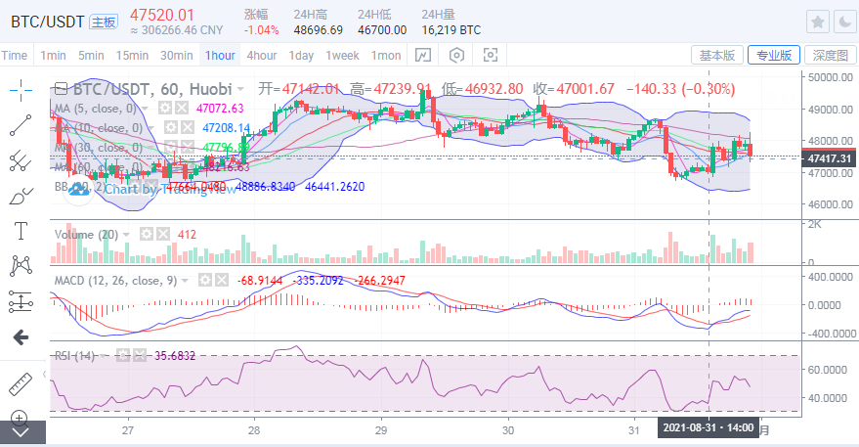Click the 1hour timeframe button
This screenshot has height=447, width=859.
click(x=219, y=55)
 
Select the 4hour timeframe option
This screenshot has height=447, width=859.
click(x=261, y=55)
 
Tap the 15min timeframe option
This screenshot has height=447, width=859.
click(x=132, y=55)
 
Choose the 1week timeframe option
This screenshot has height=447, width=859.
click(x=342, y=55)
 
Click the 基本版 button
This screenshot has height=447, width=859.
click(x=716, y=55)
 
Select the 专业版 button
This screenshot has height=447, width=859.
click(x=773, y=55)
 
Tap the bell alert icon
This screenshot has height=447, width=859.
click(x=842, y=22)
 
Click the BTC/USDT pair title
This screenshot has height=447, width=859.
click(x=45, y=20)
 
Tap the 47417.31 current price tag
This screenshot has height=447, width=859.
click(x=829, y=157)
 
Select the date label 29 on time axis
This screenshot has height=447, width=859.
click(x=380, y=429)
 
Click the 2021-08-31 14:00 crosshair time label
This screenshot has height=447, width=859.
click(x=708, y=428)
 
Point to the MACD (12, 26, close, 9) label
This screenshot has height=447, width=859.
click(x=115, y=280)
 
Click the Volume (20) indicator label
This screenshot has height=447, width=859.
click(x=86, y=235)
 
